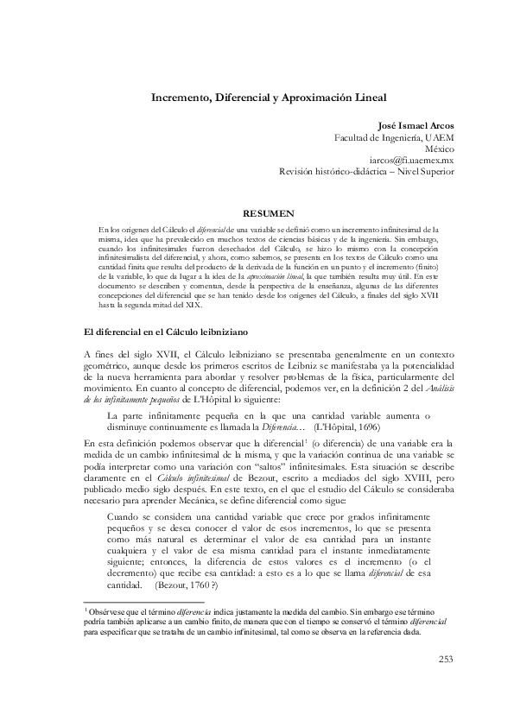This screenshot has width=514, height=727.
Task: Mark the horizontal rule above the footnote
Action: coord(143,601)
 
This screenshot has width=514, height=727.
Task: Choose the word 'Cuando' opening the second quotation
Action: coord(124,513)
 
